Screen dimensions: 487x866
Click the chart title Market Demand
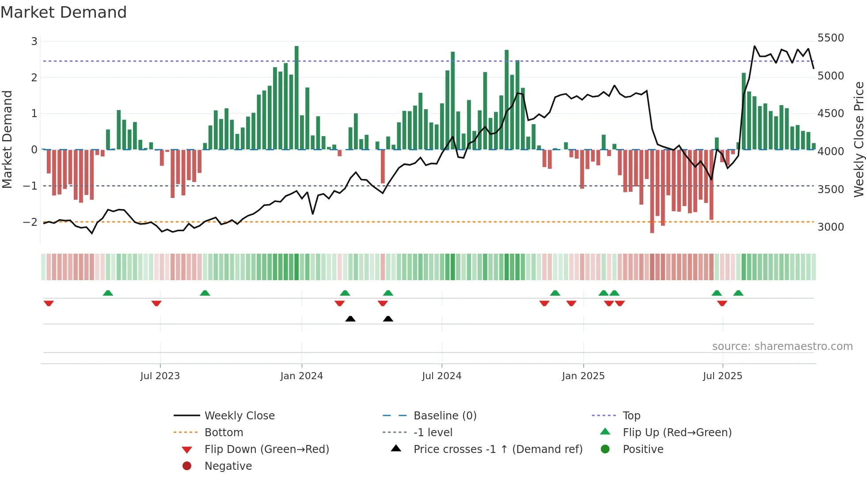64,12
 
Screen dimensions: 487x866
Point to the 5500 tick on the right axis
830,38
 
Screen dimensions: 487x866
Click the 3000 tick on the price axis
830,227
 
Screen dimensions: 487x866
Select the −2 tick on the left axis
30,222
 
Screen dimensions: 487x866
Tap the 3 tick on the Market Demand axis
34,42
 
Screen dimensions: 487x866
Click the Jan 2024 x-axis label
301,376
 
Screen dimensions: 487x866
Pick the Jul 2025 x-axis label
722,376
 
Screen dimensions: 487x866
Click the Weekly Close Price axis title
858,139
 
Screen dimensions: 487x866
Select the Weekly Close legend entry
239,415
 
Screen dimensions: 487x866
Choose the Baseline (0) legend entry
444,415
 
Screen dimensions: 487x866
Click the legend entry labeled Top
631,415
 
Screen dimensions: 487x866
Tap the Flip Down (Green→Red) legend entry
266,449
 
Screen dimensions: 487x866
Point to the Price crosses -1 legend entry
498,449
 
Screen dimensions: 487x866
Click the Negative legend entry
228,466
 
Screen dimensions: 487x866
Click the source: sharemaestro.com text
782,346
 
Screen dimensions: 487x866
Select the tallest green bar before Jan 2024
296,97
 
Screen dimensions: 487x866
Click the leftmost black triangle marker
350,319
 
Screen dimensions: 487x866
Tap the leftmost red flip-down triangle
49,303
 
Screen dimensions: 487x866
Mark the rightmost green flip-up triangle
738,293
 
